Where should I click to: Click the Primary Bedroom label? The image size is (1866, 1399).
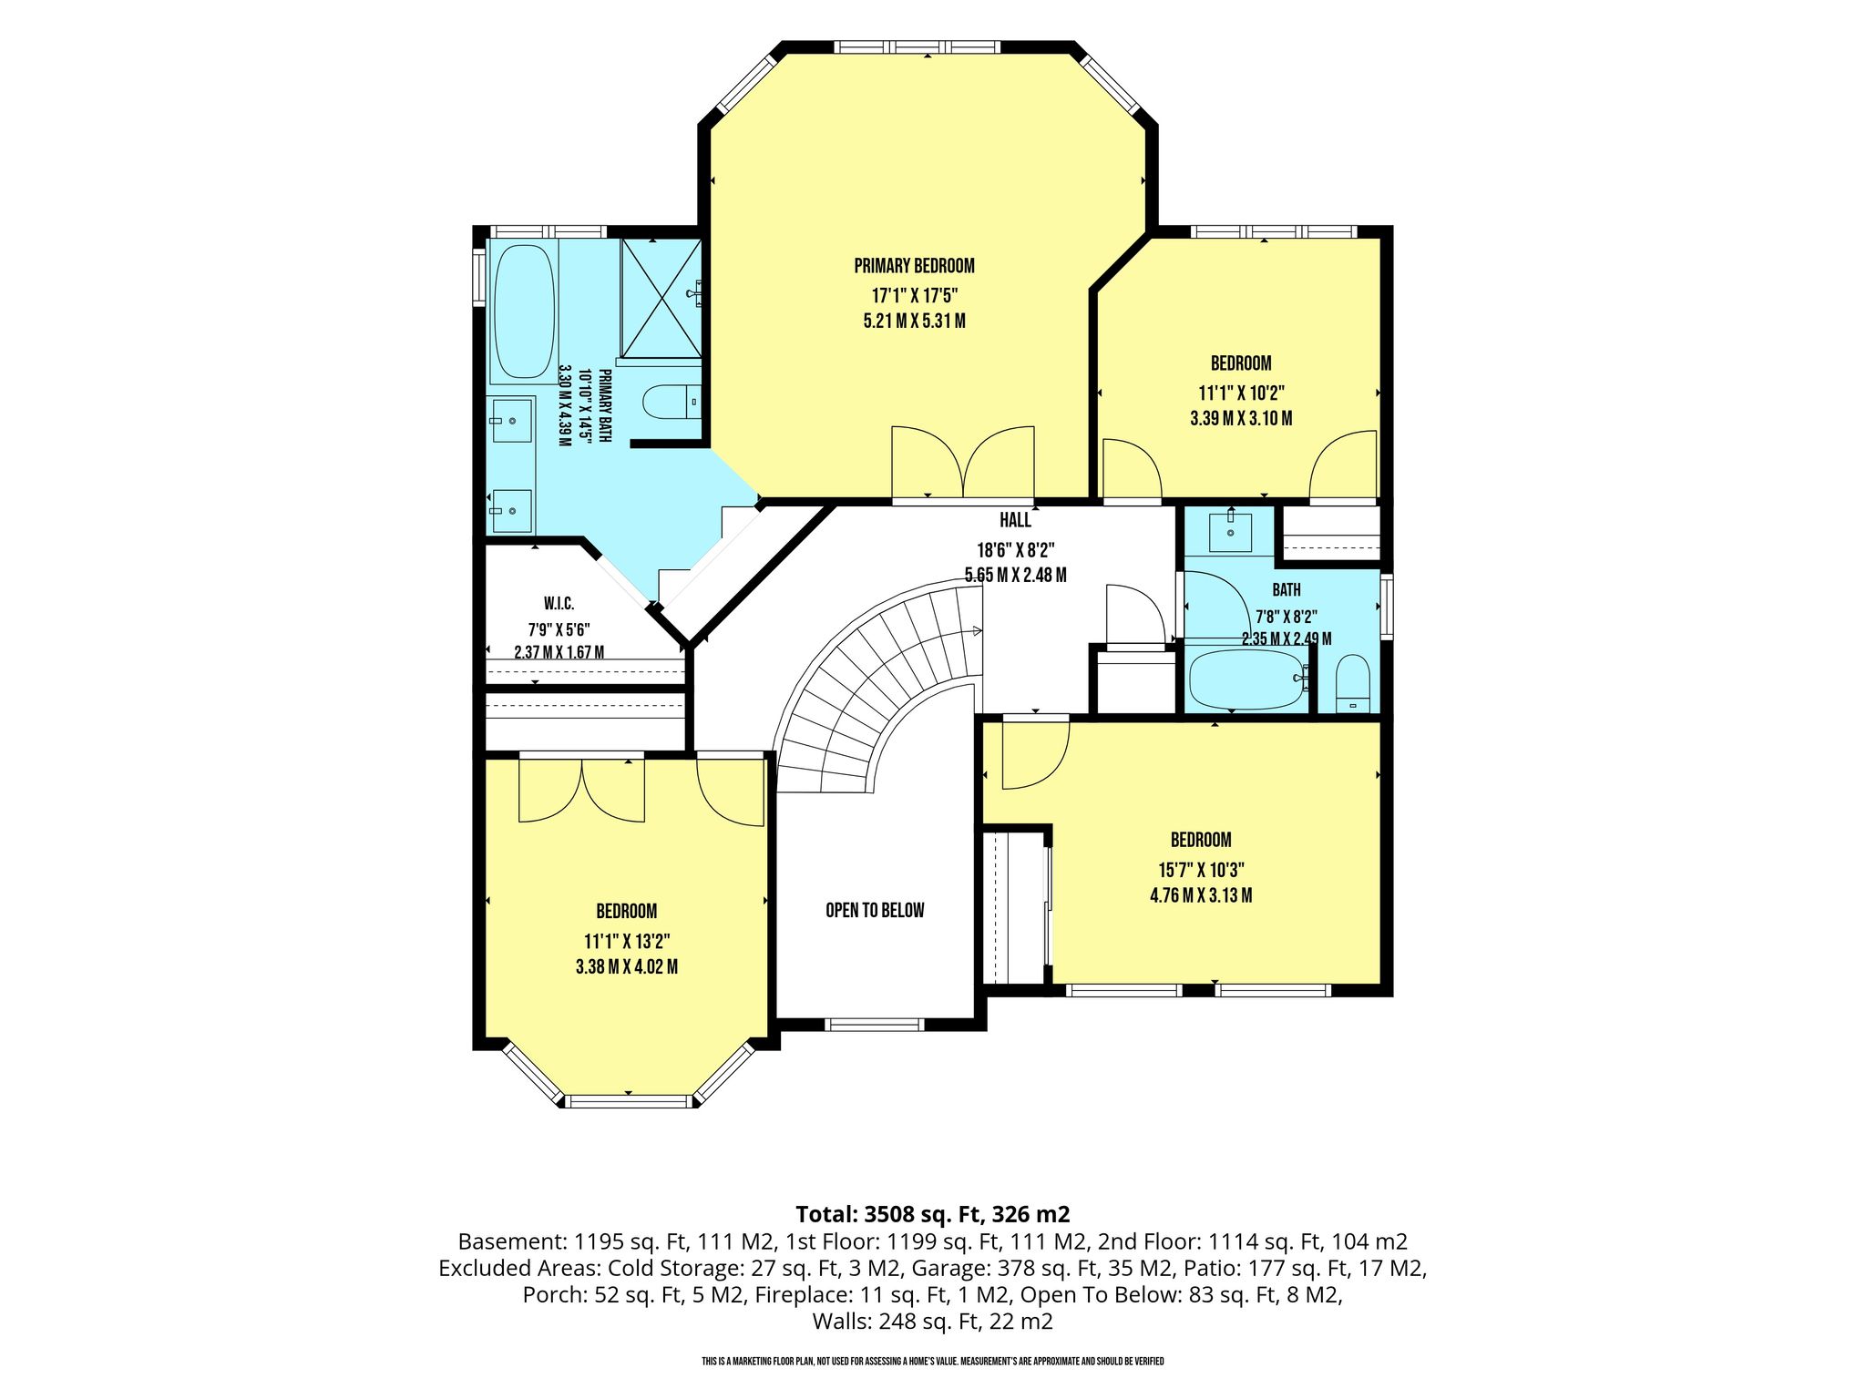914,266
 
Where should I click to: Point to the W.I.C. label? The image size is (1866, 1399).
559,604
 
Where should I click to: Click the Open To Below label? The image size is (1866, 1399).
875,910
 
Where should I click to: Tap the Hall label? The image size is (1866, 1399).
1015,520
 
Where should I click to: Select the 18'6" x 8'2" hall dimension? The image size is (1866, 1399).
1015,550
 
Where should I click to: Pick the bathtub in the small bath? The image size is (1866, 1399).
1249,679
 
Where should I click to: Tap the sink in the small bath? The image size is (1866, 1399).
1231,532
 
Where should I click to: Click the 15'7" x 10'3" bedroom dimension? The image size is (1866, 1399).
1201,869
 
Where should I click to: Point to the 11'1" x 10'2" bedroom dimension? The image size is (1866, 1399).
1241,393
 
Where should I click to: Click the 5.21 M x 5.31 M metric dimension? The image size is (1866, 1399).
914,322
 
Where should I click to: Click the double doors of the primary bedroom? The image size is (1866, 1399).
963,463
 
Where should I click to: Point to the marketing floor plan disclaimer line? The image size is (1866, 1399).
933,1362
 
